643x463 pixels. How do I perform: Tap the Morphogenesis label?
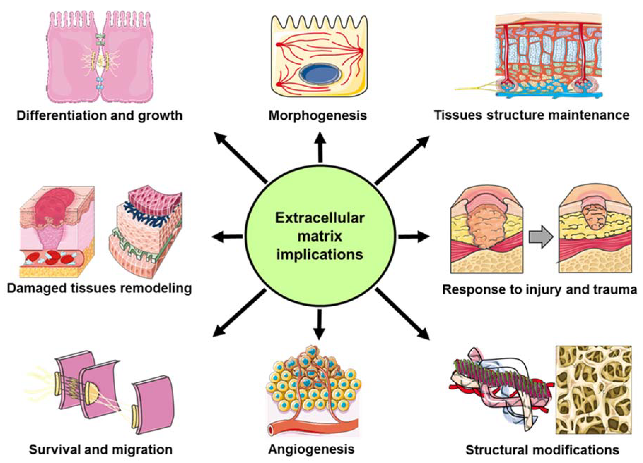click(x=318, y=116)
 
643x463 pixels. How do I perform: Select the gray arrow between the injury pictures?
click(x=540, y=237)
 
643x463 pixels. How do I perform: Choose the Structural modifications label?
click(x=542, y=450)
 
